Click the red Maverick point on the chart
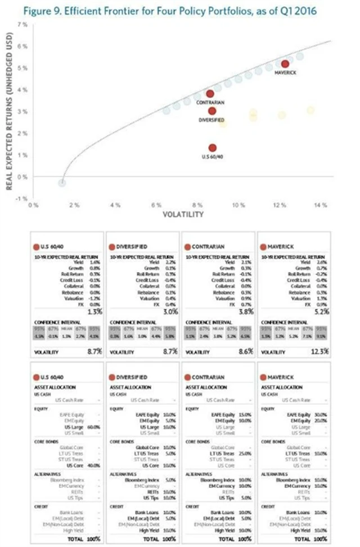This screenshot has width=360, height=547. pyautogui.click(x=285, y=64)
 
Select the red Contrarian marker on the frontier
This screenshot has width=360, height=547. pyautogui.click(x=210, y=94)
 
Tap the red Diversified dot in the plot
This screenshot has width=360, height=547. pyautogui.click(x=211, y=111)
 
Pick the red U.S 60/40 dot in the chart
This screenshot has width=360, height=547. pyautogui.click(x=212, y=148)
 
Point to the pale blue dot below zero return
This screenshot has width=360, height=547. pyautogui.click(x=62, y=182)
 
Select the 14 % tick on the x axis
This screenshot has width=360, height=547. pyautogui.click(x=321, y=206)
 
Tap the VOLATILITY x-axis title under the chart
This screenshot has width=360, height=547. pyautogui.click(x=179, y=215)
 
